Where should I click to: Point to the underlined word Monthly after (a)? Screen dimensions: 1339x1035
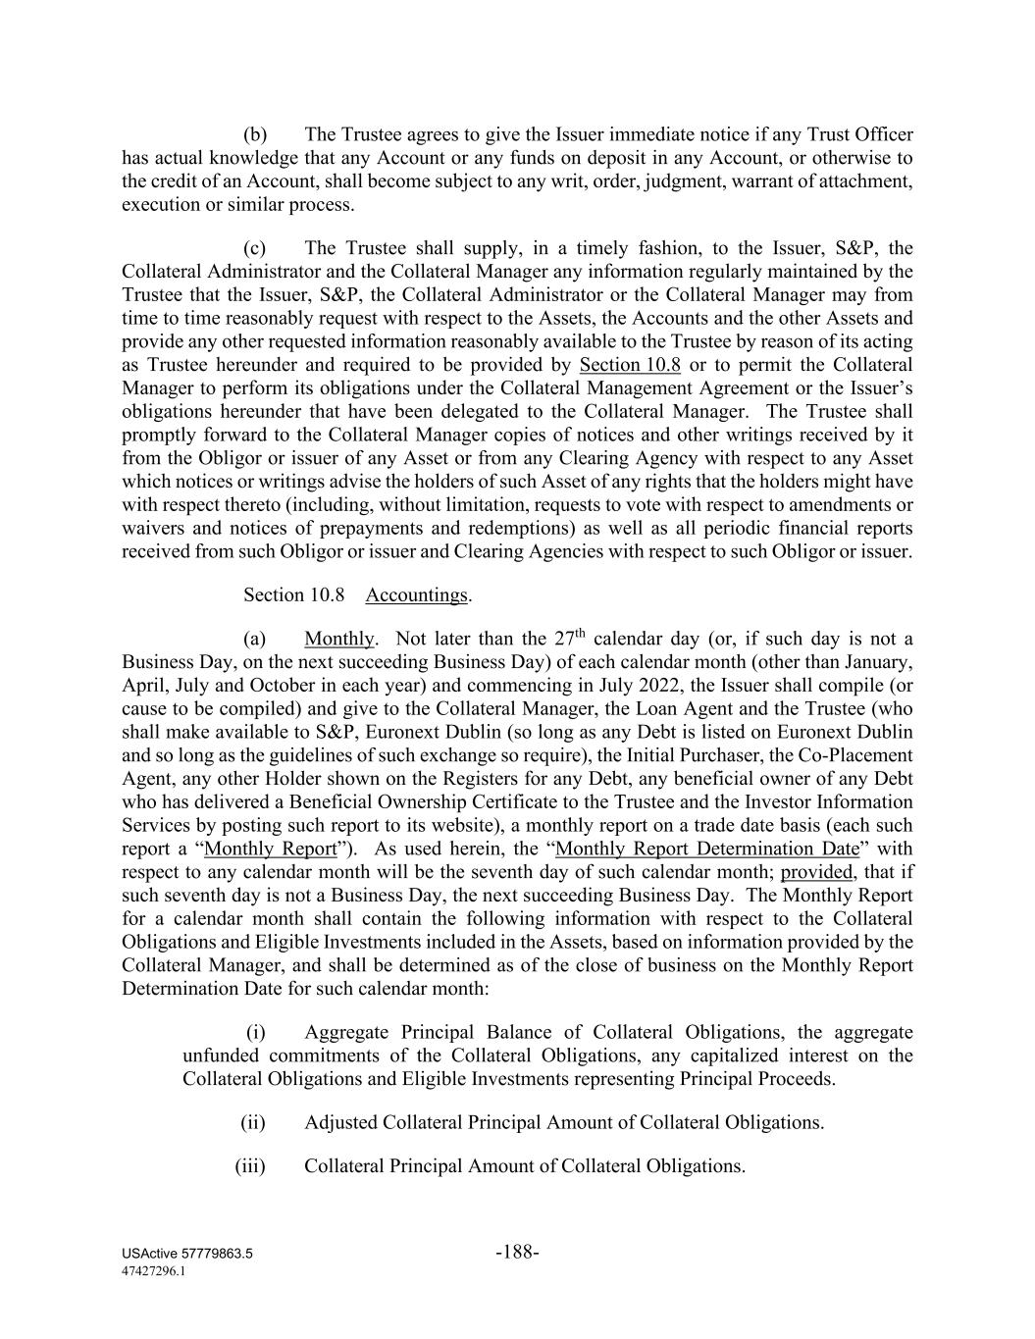339,640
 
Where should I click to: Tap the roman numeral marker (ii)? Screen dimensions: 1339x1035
253,1122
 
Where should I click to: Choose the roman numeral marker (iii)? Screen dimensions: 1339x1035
250,1166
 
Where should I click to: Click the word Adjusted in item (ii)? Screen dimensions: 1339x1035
340,1122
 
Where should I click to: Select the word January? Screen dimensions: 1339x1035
879,662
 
